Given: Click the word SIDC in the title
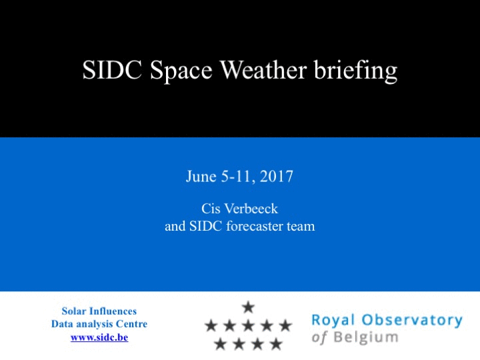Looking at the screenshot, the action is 112,70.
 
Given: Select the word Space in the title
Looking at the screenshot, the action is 181,71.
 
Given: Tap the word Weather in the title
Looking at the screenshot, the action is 263,70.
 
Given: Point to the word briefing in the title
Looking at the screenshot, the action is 356,71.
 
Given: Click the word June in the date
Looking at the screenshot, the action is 201,176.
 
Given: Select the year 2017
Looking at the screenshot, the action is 277,176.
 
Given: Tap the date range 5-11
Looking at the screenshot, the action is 238,177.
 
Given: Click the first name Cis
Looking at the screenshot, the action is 211,209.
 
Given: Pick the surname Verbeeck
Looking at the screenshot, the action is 251,209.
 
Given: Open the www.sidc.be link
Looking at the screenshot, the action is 99,337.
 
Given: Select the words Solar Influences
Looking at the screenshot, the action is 99,311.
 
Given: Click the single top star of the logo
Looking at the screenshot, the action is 248,307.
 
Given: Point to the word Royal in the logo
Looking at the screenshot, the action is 333,321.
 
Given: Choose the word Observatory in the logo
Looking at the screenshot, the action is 412,320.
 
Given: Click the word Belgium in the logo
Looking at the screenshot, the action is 366,337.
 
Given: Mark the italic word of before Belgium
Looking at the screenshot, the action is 319,337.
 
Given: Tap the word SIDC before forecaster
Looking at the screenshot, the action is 205,226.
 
